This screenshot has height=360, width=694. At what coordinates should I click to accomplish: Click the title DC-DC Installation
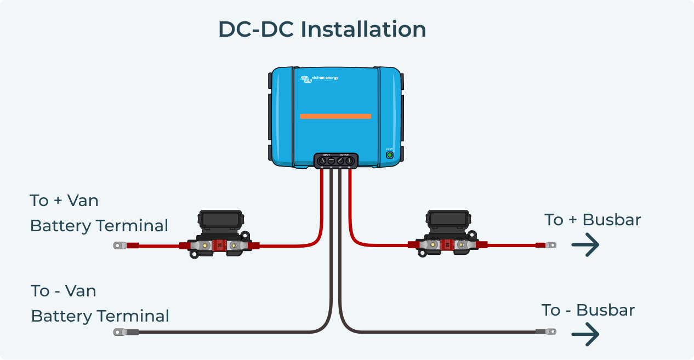pos(322,29)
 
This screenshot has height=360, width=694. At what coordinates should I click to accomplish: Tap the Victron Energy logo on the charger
pos(319,79)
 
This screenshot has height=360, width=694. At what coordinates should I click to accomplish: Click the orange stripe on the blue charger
pos(335,116)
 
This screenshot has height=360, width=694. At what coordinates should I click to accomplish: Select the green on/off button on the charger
pos(390,155)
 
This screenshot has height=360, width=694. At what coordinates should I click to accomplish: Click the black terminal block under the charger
pos(335,160)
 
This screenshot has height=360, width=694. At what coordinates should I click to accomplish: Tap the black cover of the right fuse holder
pos(447,220)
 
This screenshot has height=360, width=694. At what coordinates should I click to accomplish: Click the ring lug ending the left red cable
pos(120,245)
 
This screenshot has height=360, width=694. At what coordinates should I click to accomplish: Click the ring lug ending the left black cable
pos(120,332)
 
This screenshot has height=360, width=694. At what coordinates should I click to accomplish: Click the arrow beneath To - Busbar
pos(585,334)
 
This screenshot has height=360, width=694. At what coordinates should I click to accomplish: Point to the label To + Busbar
pos(593,220)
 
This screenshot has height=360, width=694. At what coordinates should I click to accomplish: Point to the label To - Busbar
pos(588,310)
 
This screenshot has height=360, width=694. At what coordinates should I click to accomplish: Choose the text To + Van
pos(64,201)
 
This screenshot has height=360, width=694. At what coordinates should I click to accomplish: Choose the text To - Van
pos(64,291)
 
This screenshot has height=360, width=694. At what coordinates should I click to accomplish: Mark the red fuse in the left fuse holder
pos(220,246)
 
